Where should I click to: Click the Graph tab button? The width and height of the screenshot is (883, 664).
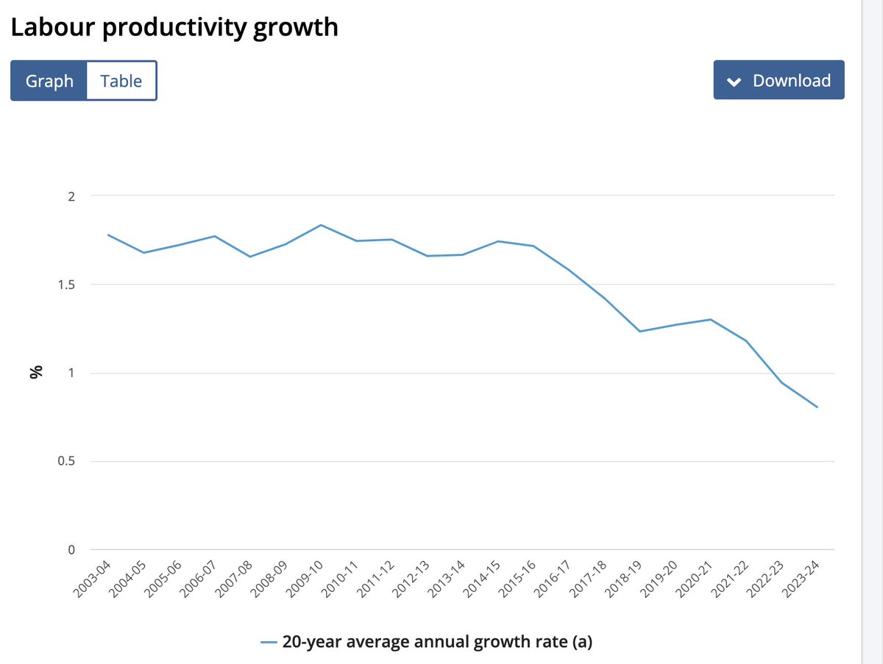pyautogui.click(x=49, y=80)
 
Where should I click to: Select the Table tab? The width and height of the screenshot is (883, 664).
pyautogui.click(x=121, y=80)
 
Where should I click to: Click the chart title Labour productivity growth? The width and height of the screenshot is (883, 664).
pyautogui.click(x=174, y=27)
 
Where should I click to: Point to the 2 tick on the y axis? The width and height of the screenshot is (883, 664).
pyautogui.click(x=71, y=196)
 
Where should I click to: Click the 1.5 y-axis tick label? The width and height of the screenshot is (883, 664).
pyautogui.click(x=66, y=285)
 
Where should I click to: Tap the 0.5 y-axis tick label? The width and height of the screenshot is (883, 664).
pyautogui.click(x=66, y=461)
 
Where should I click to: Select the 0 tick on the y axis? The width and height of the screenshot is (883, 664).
pyautogui.click(x=71, y=549)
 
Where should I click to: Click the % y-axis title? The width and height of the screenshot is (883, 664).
pyautogui.click(x=36, y=372)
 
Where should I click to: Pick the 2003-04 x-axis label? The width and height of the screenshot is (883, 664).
pyautogui.click(x=91, y=579)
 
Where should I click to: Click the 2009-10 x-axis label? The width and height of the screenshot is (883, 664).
pyautogui.click(x=304, y=579)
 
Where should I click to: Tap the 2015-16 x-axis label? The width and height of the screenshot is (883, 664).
pyautogui.click(x=517, y=579)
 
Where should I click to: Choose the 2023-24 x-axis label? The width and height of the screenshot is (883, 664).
pyautogui.click(x=801, y=579)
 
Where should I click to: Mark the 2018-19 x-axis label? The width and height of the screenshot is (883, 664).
pyautogui.click(x=623, y=579)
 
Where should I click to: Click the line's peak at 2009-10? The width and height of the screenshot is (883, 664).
pyautogui.click(x=321, y=225)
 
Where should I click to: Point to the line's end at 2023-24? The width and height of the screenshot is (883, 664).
pyautogui.click(x=818, y=407)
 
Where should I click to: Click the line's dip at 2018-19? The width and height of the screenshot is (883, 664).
pyautogui.click(x=640, y=331)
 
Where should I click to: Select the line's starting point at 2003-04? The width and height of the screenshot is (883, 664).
pyautogui.click(x=108, y=235)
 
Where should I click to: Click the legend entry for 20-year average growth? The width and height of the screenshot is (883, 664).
pyautogui.click(x=426, y=642)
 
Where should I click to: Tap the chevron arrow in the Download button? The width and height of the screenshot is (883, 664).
pyautogui.click(x=734, y=82)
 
